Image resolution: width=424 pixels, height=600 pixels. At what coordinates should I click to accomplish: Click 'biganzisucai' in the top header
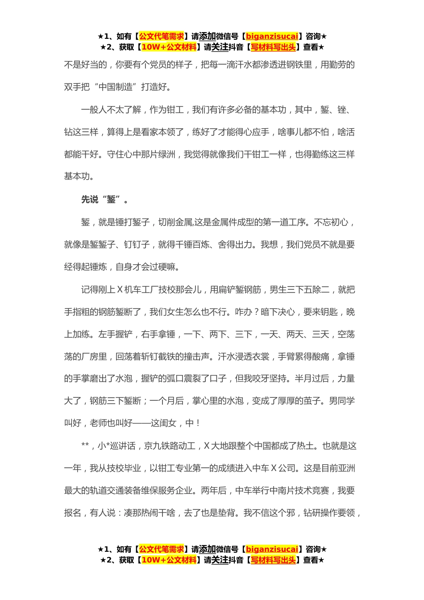tap(272, 36)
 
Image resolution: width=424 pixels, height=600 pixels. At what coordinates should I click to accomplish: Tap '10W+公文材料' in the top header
tap(169, 47)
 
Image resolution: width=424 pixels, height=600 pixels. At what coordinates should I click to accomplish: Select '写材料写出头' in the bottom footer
tap(273, 560)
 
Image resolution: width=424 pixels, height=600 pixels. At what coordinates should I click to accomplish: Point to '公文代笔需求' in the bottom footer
tap(162, 549)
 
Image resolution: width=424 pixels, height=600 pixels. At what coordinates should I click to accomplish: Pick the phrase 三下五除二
tap(308, 289)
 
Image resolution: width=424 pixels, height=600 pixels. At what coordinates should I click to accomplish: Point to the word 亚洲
tap(346, 468)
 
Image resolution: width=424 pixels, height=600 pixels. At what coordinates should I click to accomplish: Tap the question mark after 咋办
tap(256, 312)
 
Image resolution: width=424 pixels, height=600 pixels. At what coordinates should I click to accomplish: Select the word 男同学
tap(342, 400)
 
